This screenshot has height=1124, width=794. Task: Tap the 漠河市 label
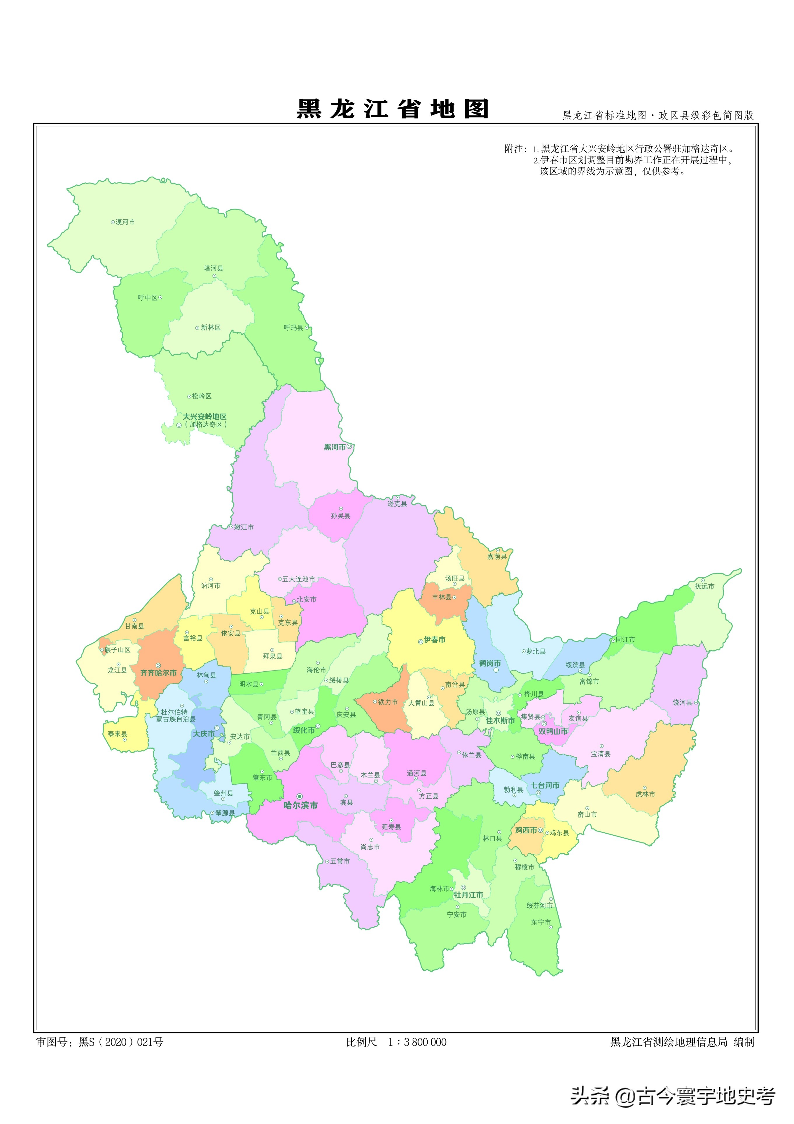125,222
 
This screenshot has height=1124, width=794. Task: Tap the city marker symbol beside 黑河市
349,447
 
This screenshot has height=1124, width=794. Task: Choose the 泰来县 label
118,734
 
